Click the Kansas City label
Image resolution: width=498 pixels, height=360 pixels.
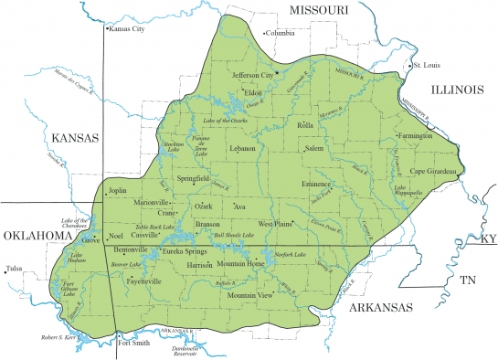click(x=127, y=29)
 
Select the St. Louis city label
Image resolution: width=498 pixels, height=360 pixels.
click(x=428, y=66)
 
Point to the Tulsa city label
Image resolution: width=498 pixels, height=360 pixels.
click(x=14, y=269)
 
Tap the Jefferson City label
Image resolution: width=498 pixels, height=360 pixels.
click(x=253, y=75)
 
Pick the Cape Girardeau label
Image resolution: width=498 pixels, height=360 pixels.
click(x=438, y=171)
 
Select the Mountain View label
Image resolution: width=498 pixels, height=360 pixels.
click(x=250, y=296)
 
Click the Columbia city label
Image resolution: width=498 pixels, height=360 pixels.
click(x=281, y=34)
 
